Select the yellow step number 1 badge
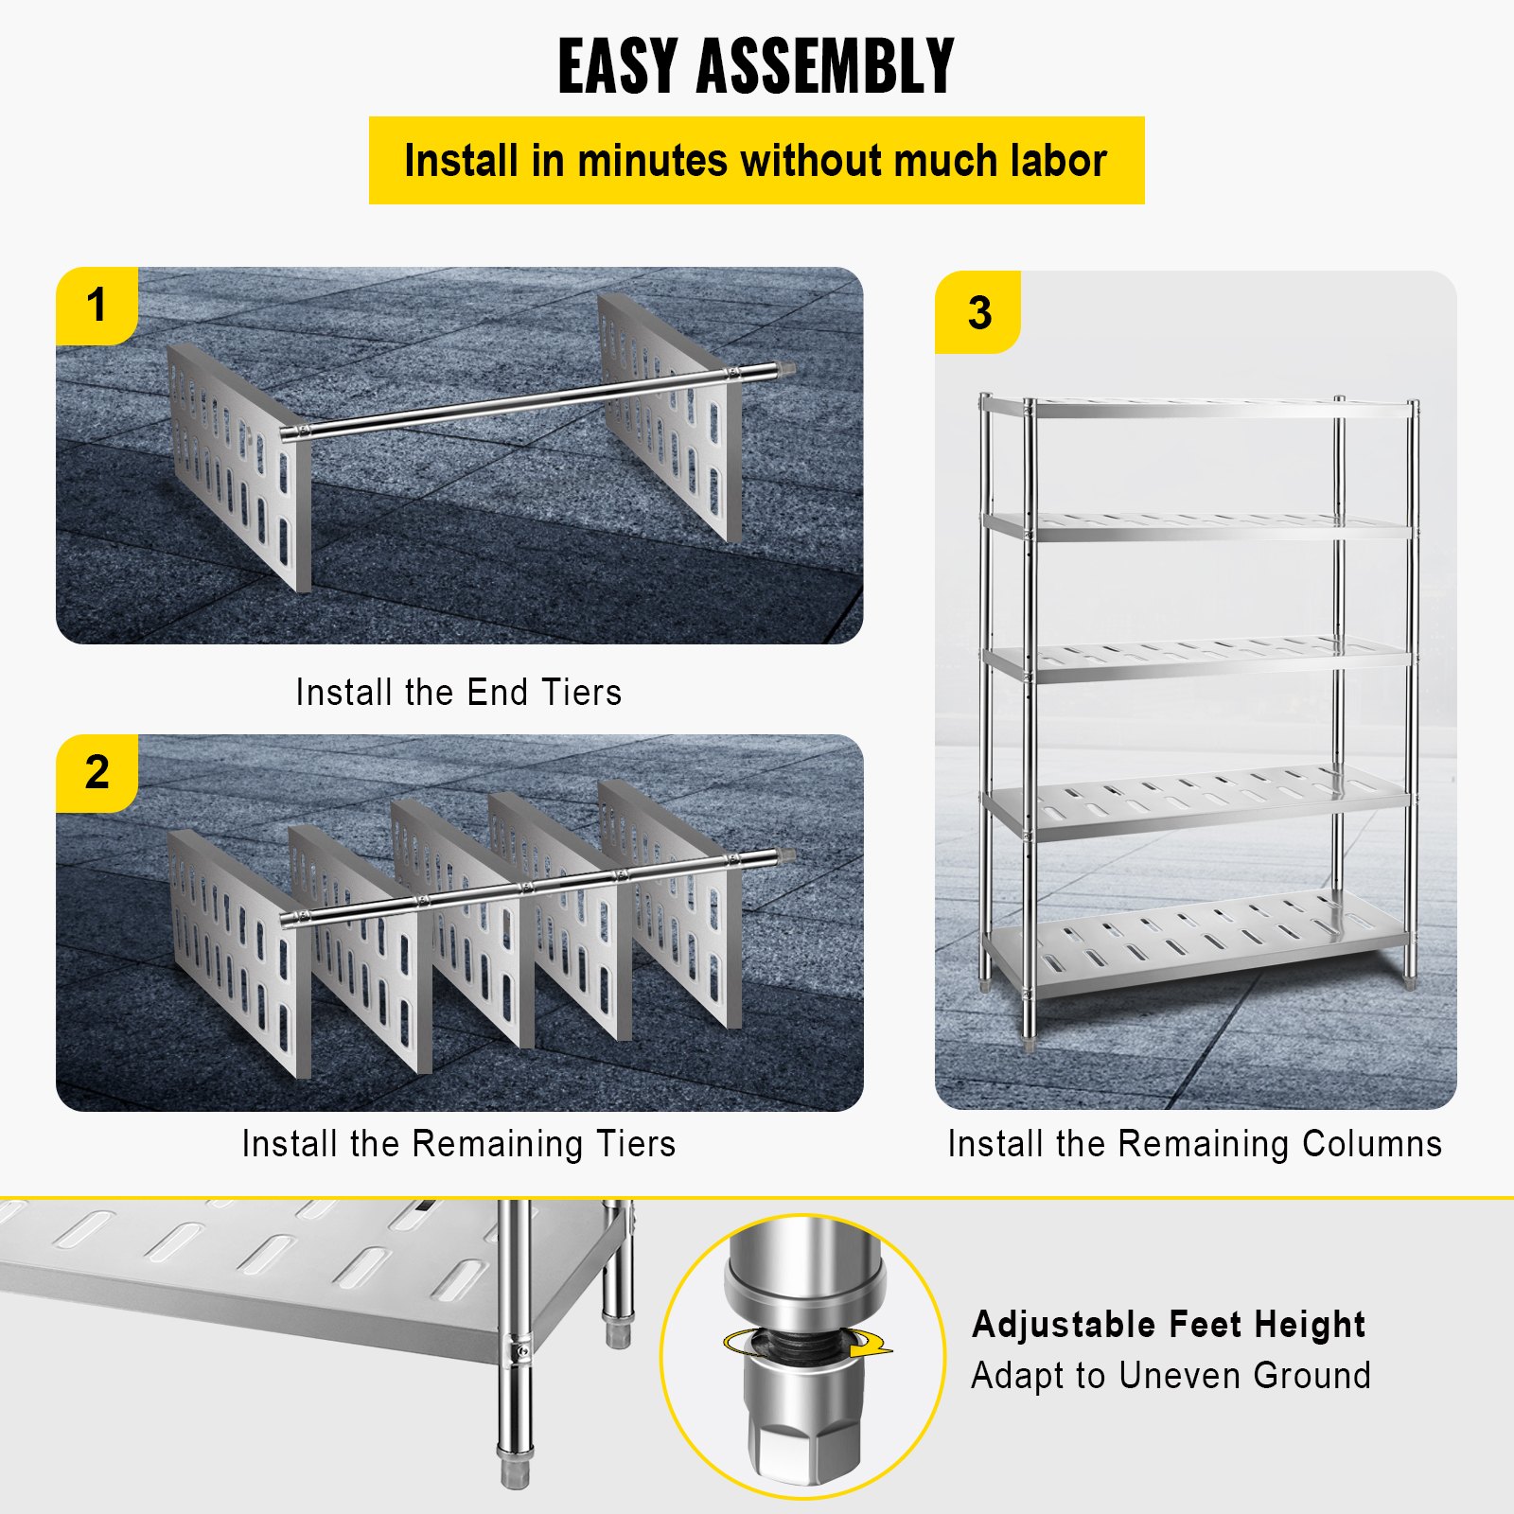(x=97, y=306)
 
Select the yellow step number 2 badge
(x=97, y=772)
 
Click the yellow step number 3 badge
(x=978, y=312)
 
